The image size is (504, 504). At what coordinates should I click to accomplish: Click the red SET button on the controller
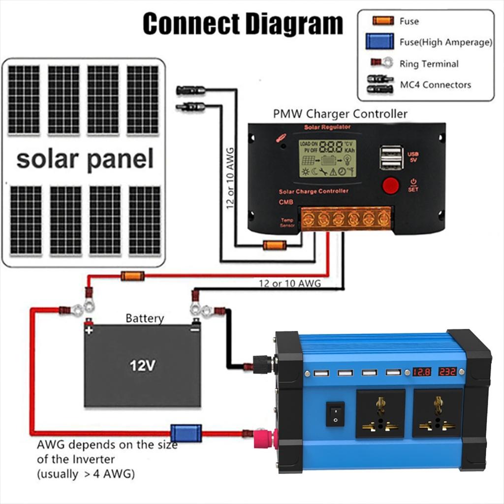coord(391,186)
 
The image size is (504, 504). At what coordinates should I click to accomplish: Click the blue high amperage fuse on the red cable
coord(186,433)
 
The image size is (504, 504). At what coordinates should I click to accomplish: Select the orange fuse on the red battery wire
coord(132,276)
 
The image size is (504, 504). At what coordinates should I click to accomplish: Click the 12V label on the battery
coord(142,366)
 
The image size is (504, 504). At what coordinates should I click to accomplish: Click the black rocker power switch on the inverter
coord(335,414)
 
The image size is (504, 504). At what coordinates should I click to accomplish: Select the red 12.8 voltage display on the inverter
coord(422,372)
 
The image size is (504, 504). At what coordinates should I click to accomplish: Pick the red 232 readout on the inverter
coord(447,372)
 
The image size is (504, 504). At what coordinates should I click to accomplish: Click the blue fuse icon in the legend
coord(379,41)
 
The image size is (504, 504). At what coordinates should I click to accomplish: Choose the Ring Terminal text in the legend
coord(429,63)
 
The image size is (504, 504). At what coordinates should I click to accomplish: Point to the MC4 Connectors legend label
coord(435,85)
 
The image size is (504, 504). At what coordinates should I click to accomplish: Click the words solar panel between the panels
coord(85,159)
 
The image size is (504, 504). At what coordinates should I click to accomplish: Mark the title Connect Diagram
coord(243,23)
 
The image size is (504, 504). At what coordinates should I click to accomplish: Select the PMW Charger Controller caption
coord(340,114)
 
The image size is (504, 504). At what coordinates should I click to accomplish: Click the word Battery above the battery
coord(145,318)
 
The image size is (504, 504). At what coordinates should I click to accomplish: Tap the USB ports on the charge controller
coord(390,158)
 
